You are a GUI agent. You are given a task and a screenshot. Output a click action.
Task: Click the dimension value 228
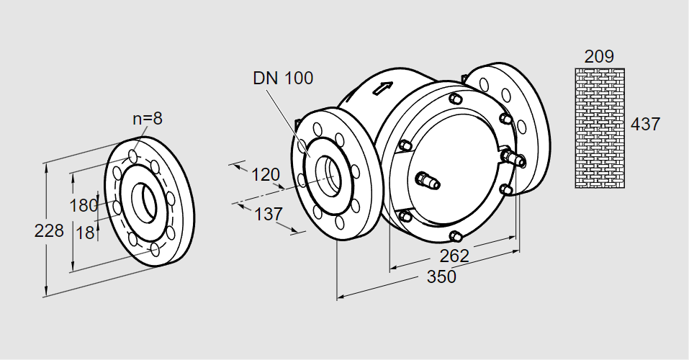[49, 231]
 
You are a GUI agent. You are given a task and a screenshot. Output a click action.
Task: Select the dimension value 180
[83, 205]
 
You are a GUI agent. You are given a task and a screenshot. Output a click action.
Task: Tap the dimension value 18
[85, 232]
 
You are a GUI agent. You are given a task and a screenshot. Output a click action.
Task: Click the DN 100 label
[283, 78]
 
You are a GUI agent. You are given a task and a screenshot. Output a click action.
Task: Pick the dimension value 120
[265, 174]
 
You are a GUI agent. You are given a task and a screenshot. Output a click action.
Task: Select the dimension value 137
[268, 214]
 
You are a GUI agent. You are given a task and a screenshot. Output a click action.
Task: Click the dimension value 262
[454, 256]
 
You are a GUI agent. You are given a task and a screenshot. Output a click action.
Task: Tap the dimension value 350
[441, 276]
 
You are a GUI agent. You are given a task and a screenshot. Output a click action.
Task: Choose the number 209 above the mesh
[600, 56]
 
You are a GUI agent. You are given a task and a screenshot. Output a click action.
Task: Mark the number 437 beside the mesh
[645, 124]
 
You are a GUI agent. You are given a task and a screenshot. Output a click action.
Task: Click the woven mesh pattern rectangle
[600, 127]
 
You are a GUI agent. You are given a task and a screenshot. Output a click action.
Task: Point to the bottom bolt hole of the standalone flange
[156, 250]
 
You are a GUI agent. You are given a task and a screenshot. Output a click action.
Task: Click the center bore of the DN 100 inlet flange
[332, 174]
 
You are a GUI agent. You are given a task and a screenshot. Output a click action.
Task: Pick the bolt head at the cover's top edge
[454, 99]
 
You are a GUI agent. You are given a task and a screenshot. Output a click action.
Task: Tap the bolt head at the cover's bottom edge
[454, 235]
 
